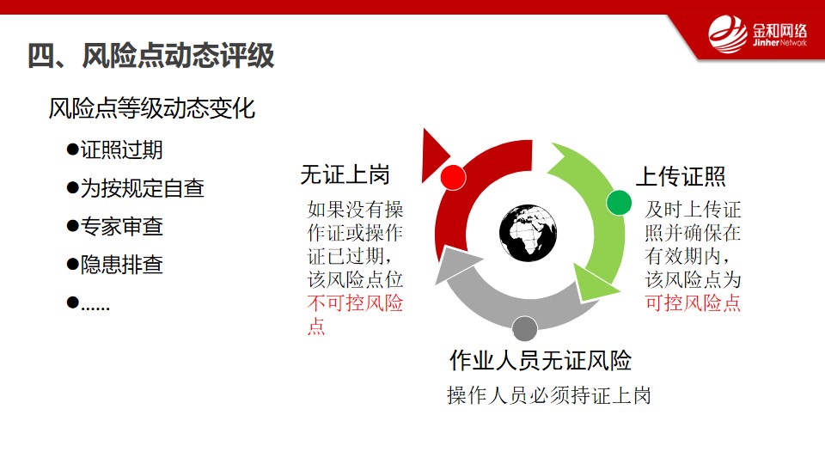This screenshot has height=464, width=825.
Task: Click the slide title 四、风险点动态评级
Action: (x=151, y=56)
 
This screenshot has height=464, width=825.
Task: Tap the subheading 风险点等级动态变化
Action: (x=152, y=109)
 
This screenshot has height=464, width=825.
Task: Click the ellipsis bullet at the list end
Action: (x=89, y=303)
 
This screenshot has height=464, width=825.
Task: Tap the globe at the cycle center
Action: (x=528, y=233)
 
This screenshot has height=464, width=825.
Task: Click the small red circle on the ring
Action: (x=453, y=177)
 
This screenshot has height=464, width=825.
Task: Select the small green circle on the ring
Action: (x=619, y=203)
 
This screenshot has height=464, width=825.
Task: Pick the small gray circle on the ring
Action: (x=524, y=329)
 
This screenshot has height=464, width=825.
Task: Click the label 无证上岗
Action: (x=345, y=175)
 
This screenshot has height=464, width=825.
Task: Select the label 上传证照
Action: (x=681, y=177)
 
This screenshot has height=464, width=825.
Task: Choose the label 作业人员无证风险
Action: (x=541, y=360)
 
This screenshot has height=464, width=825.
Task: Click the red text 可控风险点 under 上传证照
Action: (x=693, y=303)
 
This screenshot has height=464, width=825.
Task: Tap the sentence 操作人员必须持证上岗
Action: (x=549, y=395)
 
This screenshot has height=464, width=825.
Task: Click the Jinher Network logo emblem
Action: (x=728, y=34)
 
